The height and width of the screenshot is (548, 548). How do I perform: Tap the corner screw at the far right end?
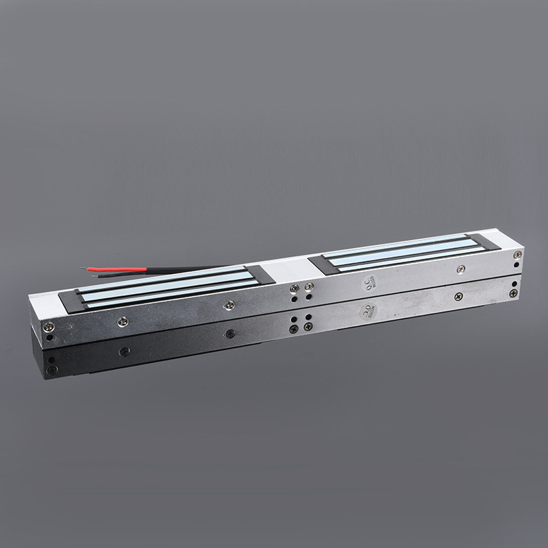pyautogui.click(x=517, y=254)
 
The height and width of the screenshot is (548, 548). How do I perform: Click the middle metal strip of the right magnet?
pyautogui.click(x=404, y=251)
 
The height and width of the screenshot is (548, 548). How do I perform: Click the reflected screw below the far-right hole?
pyautogui.click(x=512, y=292)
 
